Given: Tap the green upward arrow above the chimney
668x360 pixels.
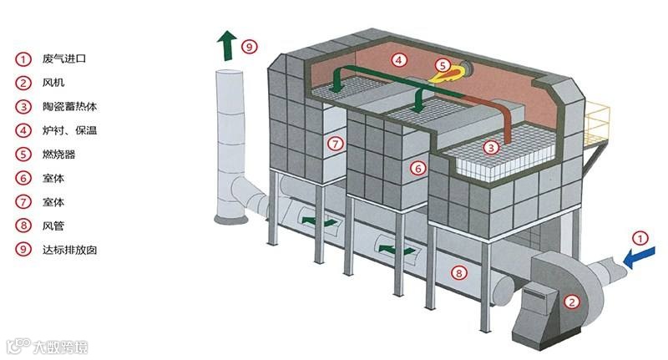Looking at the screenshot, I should click(x=225, y=47).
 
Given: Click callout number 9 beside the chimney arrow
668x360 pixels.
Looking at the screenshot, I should click(x=248, y=47).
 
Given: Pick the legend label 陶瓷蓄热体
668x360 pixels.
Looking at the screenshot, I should click(x=69, y=106).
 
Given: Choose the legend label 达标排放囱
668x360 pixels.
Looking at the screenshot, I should click(x=69, y=249).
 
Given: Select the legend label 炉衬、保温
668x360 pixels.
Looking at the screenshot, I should click(x=69, y=129).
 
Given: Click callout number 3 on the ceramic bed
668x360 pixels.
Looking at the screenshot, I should click(x=492, y=148).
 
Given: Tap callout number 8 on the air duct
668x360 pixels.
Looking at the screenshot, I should click(x=457, y=271).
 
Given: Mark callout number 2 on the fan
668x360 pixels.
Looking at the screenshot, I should click(x=571, y=302).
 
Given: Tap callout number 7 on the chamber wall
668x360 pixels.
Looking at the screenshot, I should click(x=335, y=144).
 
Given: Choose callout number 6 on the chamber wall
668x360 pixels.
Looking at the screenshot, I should click(x=418, y=167).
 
